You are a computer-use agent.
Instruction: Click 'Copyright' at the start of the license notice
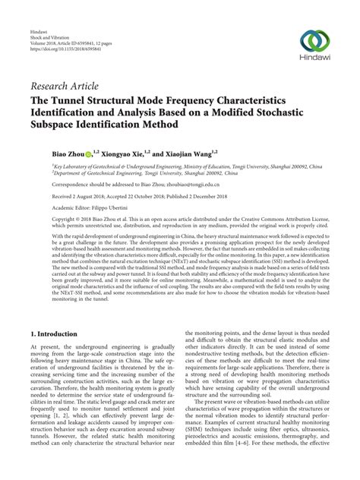[43, 219]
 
